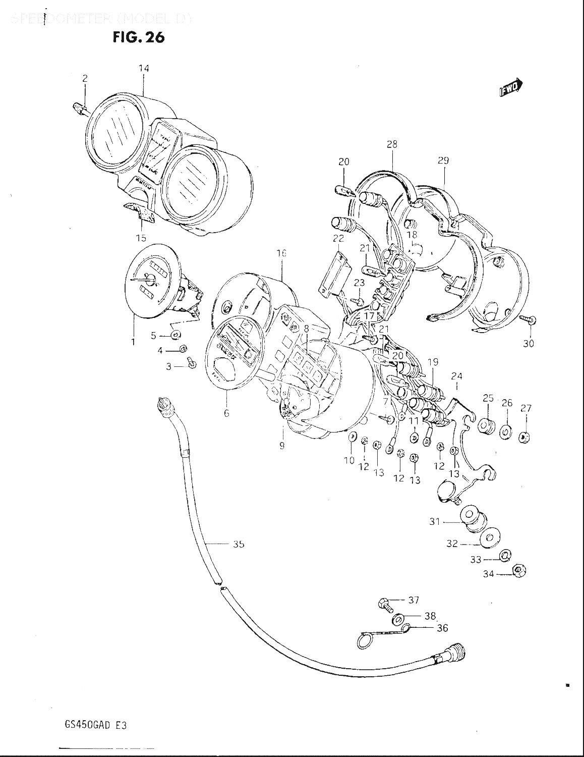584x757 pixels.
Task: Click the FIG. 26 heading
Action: [139, 37]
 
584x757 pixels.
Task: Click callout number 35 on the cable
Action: [239, 544]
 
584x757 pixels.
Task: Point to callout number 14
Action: [144, 68]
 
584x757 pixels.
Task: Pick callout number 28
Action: [392, 144]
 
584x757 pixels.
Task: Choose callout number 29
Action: [443, 160]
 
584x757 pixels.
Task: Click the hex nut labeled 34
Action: [518, 571]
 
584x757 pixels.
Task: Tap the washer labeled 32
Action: [488, 538]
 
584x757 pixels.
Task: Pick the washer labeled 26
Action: [505, 432]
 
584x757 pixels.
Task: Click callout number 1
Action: [134, 342]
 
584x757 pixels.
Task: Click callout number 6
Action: [226, 413]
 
